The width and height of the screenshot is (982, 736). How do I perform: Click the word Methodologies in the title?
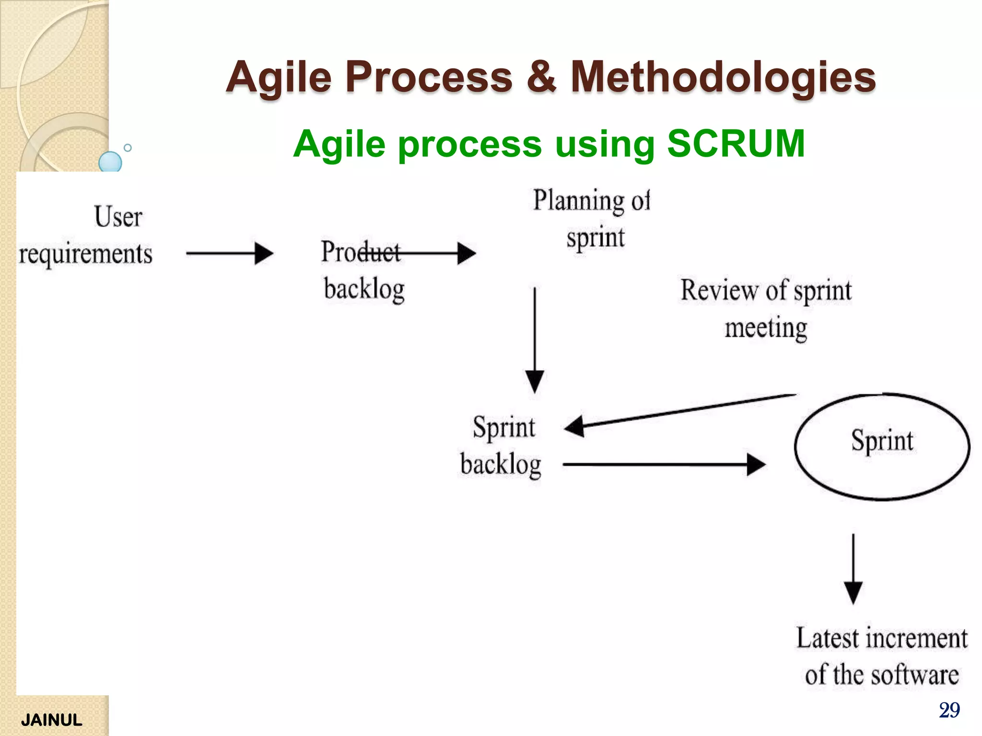click(723, 78)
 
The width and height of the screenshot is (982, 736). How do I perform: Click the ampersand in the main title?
click(541, 78)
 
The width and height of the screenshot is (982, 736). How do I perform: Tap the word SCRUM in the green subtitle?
click(736, 143)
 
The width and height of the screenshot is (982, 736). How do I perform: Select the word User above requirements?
click(118, 217)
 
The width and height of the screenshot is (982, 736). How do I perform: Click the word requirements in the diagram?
click(86, 253)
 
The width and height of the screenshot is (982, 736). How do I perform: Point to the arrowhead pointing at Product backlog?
click(264, 253)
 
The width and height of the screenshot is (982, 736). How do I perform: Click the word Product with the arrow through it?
click(360, 252)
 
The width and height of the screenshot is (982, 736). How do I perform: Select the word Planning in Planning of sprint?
click(578, 201)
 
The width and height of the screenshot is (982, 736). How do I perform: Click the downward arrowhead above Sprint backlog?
click(535, 382)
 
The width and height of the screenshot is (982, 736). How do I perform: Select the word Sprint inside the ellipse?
click(882, 441)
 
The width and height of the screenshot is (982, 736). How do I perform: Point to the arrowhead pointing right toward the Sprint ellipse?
click(756, 464)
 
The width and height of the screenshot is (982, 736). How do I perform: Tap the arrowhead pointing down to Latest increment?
click(853, 593)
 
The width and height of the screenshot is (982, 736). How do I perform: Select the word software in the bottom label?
click(914, 675)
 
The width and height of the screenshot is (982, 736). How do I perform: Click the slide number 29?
click(949, 710)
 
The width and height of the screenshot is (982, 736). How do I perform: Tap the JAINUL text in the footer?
click(52, 720)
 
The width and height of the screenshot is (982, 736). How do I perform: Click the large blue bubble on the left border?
click(110, 162)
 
